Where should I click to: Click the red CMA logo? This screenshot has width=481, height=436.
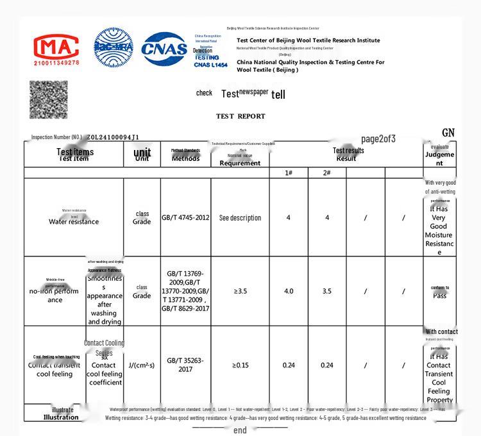56,49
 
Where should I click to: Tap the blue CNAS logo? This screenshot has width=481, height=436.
164,49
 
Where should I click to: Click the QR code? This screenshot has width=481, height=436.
48,99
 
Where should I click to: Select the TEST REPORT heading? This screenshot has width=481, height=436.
240,116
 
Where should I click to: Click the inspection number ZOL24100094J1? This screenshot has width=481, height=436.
113,137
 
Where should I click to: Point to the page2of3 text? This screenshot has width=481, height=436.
378,139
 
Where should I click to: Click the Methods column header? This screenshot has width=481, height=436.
185,158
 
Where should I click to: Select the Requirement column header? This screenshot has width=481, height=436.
240,163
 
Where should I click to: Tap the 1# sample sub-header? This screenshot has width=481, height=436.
289,173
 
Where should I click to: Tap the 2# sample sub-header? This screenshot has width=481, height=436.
326,173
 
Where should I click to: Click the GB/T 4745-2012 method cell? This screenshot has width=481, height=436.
185,217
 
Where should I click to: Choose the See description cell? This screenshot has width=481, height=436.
240,218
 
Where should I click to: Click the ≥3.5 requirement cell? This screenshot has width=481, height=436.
240,291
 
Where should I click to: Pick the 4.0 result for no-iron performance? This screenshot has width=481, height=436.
289,291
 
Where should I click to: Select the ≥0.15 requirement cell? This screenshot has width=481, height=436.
240,365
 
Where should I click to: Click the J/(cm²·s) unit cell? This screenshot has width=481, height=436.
141,365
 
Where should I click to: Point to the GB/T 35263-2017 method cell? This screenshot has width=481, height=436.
185,365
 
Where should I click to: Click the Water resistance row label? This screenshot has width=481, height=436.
74,222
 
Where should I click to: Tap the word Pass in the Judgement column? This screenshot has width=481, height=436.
439,296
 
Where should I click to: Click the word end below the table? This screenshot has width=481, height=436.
240,430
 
